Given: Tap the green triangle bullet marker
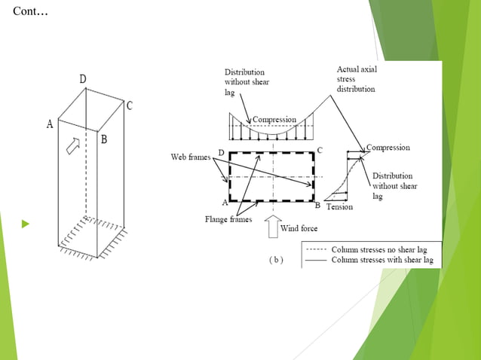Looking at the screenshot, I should [26, 224].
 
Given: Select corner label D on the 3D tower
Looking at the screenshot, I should [83, 79].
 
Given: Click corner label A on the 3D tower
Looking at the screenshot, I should [50, 124].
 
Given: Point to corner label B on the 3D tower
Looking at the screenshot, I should [104, 139].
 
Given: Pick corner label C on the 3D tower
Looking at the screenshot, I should [130, 106].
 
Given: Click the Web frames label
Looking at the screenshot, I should [188, 157].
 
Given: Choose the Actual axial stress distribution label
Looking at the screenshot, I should [356, 79].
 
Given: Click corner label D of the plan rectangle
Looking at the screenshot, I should [221, 153].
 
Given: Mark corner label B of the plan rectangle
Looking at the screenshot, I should [317, 205].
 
